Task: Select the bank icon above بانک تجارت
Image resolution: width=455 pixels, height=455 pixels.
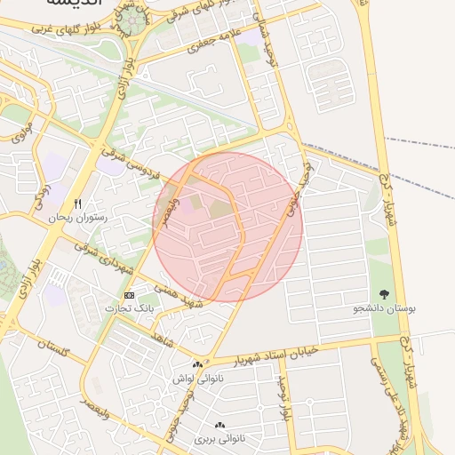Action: coord(130,295)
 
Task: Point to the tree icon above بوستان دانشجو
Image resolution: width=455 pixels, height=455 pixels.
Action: coord(385,294)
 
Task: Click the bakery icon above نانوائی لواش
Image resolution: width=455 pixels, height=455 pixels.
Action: coord(197,364)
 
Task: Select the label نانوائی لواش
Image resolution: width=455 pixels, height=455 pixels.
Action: coord(196,379)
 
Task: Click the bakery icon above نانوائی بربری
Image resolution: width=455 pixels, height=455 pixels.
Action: coord(219,426)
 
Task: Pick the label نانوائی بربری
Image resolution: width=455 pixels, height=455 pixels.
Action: coord(218,440)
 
